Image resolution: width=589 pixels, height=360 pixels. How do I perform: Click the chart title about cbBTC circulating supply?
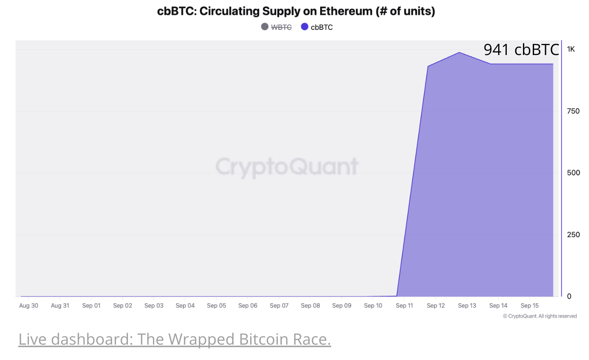296,11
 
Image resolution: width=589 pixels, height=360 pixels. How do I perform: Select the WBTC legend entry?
281,27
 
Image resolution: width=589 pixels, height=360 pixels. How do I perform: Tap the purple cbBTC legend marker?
305,27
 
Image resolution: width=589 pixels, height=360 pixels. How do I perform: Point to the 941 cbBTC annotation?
521,49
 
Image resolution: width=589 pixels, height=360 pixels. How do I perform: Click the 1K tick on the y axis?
571,49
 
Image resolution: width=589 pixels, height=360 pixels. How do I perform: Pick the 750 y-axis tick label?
573,111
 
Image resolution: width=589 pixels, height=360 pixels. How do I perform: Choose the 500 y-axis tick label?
573,173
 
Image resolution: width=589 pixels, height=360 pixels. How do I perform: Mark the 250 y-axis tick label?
573,235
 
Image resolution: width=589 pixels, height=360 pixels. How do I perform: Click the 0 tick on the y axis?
569,296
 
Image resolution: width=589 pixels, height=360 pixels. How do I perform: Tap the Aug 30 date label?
29,306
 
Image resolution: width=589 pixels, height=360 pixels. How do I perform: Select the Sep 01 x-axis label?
91,306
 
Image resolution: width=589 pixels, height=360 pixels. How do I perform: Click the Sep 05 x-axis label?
217,306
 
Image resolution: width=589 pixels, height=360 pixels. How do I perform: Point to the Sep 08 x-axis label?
310,306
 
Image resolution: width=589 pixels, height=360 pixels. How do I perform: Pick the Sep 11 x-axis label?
404,306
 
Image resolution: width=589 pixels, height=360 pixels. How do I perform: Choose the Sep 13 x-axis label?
467,306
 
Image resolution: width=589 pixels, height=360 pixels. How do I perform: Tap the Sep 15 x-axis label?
530,306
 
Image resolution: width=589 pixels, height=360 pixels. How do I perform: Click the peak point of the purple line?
459,52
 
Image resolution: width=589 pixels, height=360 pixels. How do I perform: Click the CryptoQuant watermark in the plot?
287,166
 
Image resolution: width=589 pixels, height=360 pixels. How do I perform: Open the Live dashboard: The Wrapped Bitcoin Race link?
174,340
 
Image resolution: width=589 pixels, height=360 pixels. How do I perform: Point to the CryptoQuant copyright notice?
540,316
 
